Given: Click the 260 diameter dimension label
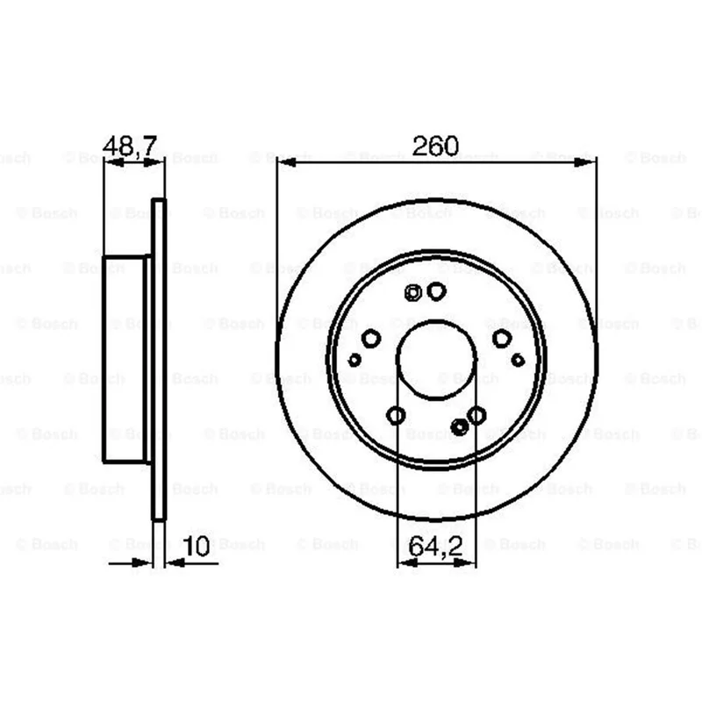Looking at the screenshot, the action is click(435, 146).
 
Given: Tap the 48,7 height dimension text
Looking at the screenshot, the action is click(130, 146).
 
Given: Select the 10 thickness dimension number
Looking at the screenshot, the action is click(196, 546).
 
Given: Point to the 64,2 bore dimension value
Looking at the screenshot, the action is click(435, 546).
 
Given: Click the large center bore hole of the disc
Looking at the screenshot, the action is click(436, 360).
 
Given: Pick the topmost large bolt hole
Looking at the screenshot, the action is click(436, 291).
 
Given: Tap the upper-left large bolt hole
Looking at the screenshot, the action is click(371, 338).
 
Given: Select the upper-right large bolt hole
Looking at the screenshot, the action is click(502, 338).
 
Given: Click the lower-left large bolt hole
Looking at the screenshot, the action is click(396, 415).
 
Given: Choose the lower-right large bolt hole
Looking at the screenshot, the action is click(476, 415).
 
